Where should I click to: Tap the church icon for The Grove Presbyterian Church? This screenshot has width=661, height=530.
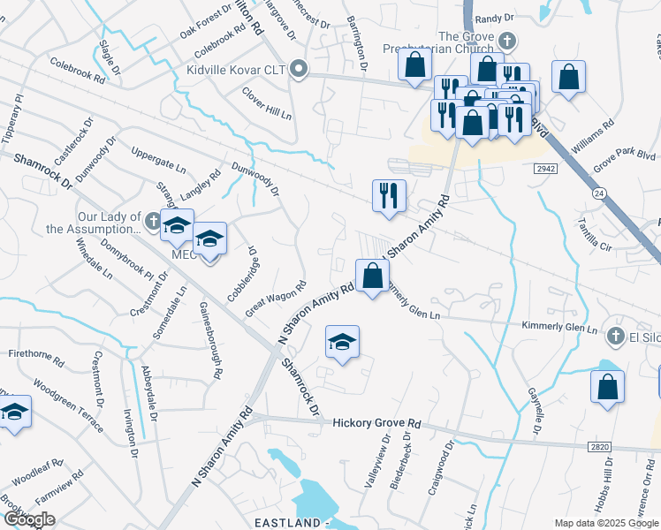click(506, 41)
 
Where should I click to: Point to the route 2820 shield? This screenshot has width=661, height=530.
click(599, 448)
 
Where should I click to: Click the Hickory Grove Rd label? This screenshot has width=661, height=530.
click(377, 424)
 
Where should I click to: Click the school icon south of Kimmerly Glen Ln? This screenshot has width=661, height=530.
click(342, 341)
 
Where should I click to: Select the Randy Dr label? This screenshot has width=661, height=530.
click(494, 18)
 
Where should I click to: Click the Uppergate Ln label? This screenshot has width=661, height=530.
click(158, 156)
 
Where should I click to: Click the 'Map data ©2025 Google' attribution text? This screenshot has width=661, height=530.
click(606, 523)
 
